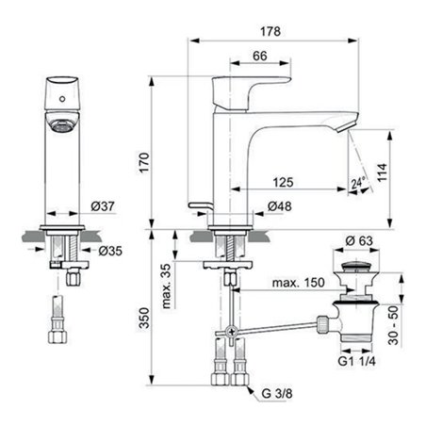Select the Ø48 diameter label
278,206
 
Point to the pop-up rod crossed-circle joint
229,333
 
